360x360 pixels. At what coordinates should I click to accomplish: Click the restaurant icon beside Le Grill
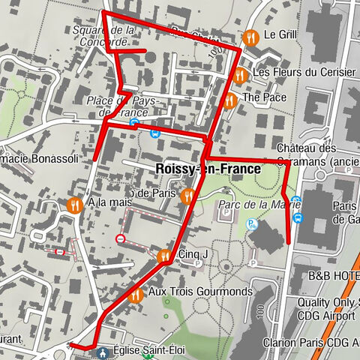(x=250, y=35)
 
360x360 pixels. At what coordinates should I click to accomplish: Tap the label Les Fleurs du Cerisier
(x=304, y=73)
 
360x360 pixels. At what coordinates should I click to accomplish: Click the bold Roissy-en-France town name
(x=208, y=169)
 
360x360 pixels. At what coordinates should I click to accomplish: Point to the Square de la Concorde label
(x=104, y=35)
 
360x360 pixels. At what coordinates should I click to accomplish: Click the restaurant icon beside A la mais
(x=73, y=204)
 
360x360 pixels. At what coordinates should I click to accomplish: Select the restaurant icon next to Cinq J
(x=165, y=256)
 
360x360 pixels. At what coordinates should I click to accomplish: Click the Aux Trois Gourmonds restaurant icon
(x=135, y=295)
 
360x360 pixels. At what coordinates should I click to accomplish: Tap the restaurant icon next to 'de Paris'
(x=187, y=194)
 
